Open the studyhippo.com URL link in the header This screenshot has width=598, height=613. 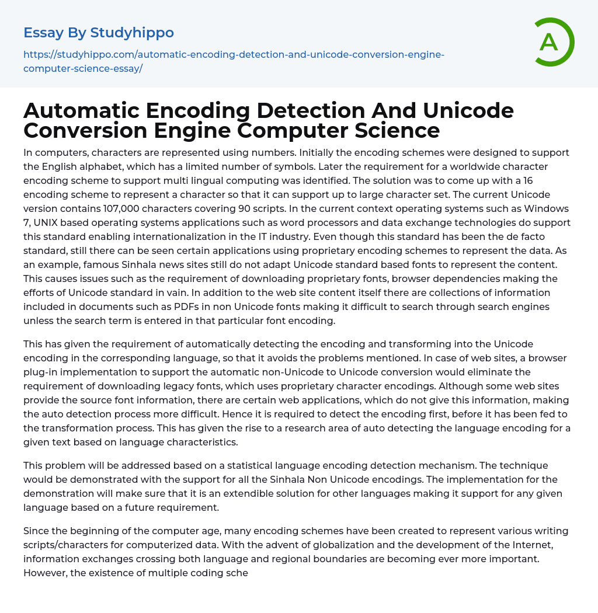point(234,61)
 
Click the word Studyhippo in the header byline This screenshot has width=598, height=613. point(132,33)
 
